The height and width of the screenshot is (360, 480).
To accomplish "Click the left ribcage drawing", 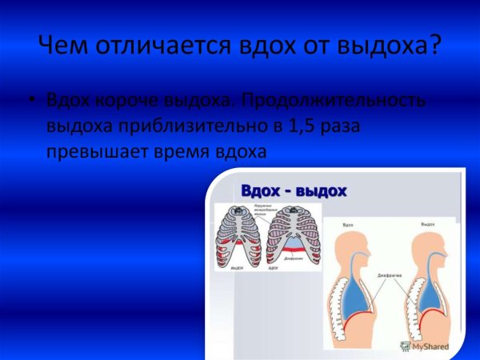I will coord(238,237).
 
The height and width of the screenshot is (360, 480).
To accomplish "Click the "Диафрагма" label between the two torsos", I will coord(390,274).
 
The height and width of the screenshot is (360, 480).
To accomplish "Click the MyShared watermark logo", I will coord(423,347).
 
